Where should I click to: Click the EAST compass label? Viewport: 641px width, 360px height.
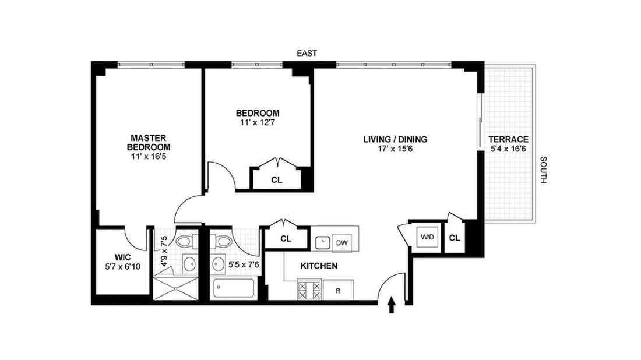tap(307, 53)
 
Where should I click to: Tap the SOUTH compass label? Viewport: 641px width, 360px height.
tap(543, 170)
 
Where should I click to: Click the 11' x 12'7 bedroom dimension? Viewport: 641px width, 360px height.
tap(257, 123)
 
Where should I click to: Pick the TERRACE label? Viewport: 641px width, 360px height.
tap(508, 140)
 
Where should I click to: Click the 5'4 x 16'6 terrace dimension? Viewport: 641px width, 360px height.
tap(508, 149)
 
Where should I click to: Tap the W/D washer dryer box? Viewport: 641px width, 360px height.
tap(428, 238)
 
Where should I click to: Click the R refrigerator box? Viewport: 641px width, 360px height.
tap(338, 290)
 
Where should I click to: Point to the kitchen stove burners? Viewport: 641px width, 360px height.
tap(309, 290)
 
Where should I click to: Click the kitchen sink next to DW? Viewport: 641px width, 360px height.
tap(321, 242)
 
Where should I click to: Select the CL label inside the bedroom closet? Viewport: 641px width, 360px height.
tap(276, 180)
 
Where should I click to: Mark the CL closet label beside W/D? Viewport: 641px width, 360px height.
tap(455, 238)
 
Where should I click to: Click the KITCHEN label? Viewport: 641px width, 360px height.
tap(319, 266)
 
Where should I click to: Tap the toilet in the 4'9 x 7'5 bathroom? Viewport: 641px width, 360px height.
tap(184, 241)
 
